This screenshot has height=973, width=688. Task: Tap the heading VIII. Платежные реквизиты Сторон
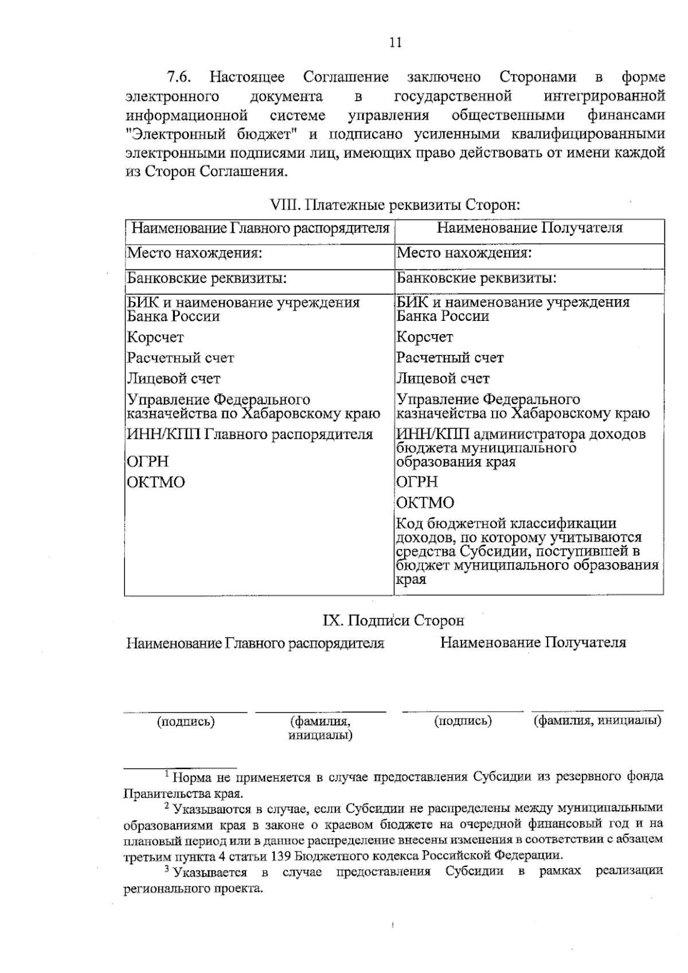point(394,205)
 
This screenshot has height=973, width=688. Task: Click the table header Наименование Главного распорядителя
point(260,229)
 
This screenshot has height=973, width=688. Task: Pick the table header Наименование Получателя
point(529,228)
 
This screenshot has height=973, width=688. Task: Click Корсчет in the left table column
point(155,338)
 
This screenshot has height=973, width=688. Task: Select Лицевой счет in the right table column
point(443,379)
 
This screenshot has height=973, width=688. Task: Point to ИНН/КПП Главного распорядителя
point(249,434)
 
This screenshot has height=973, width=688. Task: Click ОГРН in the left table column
point(148,462)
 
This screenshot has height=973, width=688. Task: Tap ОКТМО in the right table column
point(425,503)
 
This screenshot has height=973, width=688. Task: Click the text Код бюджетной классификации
point(506,524)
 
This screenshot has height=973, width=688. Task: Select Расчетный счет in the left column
point(181,358)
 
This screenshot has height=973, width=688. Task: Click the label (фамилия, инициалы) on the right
point(597,721)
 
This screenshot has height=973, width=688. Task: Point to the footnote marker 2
point(167,806)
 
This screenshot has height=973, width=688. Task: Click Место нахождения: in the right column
point(464,253)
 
